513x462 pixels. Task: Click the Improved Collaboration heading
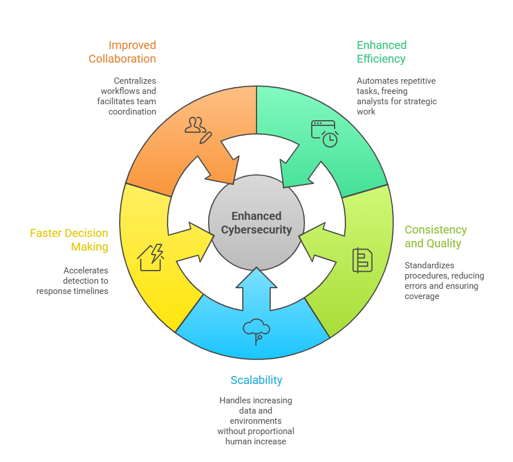pyautogui.click(x=122, y=52)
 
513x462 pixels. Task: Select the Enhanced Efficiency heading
pyautogui.click(x=381, y=52)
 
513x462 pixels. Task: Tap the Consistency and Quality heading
pyautogui.click(x=435, y=236)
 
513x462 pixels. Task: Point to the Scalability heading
pyautogui.click(x=256, y=380)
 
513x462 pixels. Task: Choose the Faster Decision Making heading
pyautogui.click(x=69, y=240)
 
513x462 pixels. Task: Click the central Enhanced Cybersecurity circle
pyautogui.click(x=256, y=223)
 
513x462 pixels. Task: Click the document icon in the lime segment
pyautogui.click(x=362, y=260)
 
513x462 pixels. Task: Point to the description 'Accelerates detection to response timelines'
pyautogui.click(x=72, y=281)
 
